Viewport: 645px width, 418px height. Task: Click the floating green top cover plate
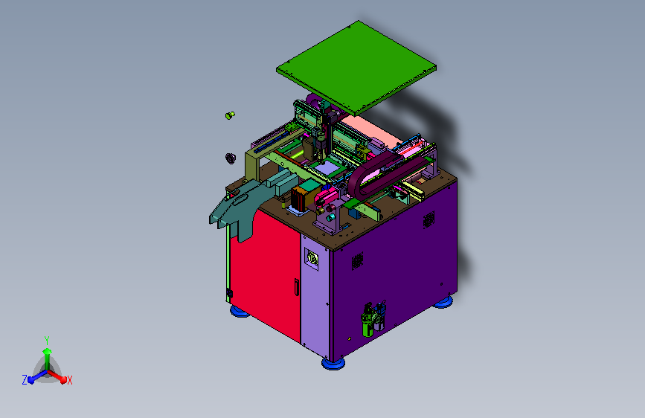click(x=356, y=66)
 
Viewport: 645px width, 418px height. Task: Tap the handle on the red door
click(x=296, y=287)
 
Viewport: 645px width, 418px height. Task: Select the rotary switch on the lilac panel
click(x=312, y=259)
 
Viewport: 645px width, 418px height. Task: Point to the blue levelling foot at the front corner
click(x=333, y=363)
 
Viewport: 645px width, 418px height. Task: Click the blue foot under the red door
click(x=240, y=311)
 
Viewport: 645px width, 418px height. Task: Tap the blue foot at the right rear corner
click(x=443, y=303)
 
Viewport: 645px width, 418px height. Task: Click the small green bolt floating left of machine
click(x=230, y=115)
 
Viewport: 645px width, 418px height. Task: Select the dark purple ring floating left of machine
click(x=231, y=158)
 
